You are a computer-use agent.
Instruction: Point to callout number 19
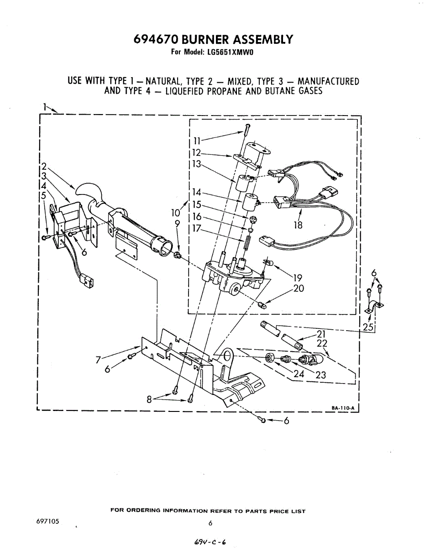tap(298, 277)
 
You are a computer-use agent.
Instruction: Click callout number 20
tap(299, 289)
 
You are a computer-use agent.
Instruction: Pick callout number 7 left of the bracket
tap(98, 360)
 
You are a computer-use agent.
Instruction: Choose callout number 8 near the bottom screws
tap(149, 399)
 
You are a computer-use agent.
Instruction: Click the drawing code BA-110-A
tap(345, 408)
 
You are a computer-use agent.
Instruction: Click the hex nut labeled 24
tap(270, 358)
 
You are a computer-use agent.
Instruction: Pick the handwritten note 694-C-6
tap(210, 541)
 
